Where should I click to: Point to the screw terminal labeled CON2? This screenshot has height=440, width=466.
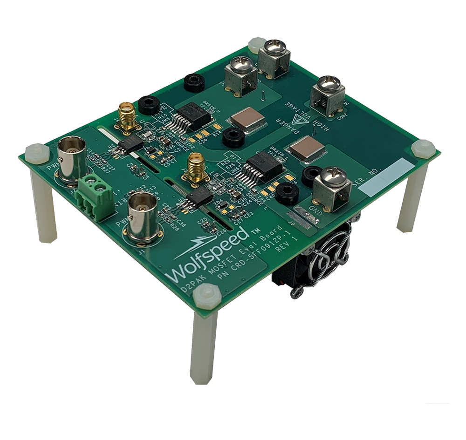pos(327,95)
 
